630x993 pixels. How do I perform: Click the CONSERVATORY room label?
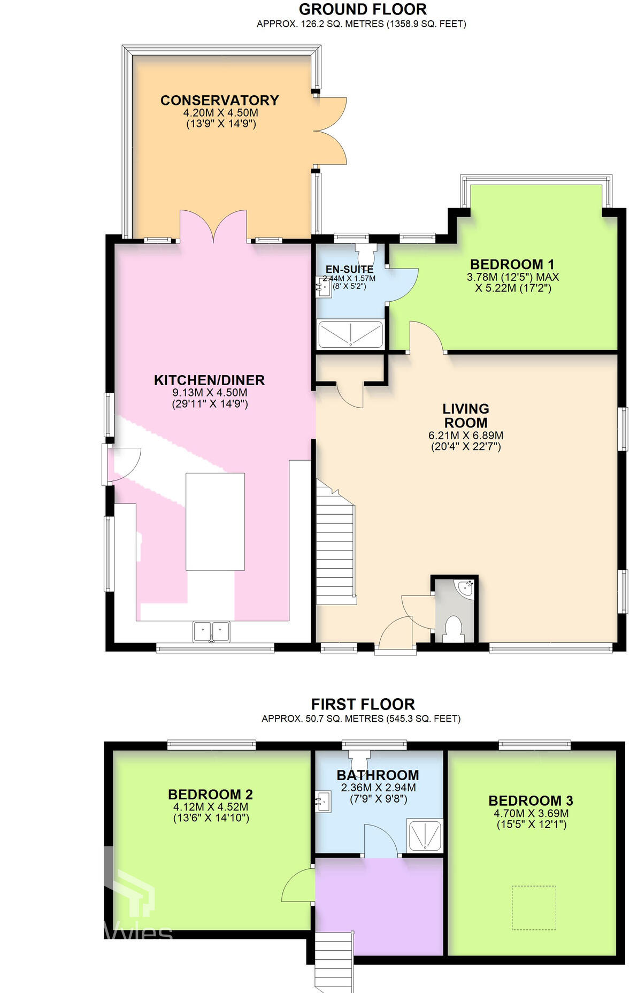(219, 101)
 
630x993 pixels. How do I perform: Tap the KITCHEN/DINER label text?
(209, 380)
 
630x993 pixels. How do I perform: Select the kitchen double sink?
(211, 631)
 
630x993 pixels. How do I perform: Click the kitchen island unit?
(215, 522)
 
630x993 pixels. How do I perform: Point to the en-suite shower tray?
(351, 334)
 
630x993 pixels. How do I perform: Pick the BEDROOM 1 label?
(512, 264)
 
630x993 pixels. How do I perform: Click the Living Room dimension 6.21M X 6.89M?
(465, 436)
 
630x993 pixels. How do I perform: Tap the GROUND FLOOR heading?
(363, 9)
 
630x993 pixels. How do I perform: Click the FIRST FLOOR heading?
(363, 704)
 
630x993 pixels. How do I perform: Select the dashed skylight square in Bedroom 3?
(534, 908)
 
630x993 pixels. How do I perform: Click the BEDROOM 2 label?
(210, 795)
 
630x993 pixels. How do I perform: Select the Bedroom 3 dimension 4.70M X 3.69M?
(531, 813)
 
